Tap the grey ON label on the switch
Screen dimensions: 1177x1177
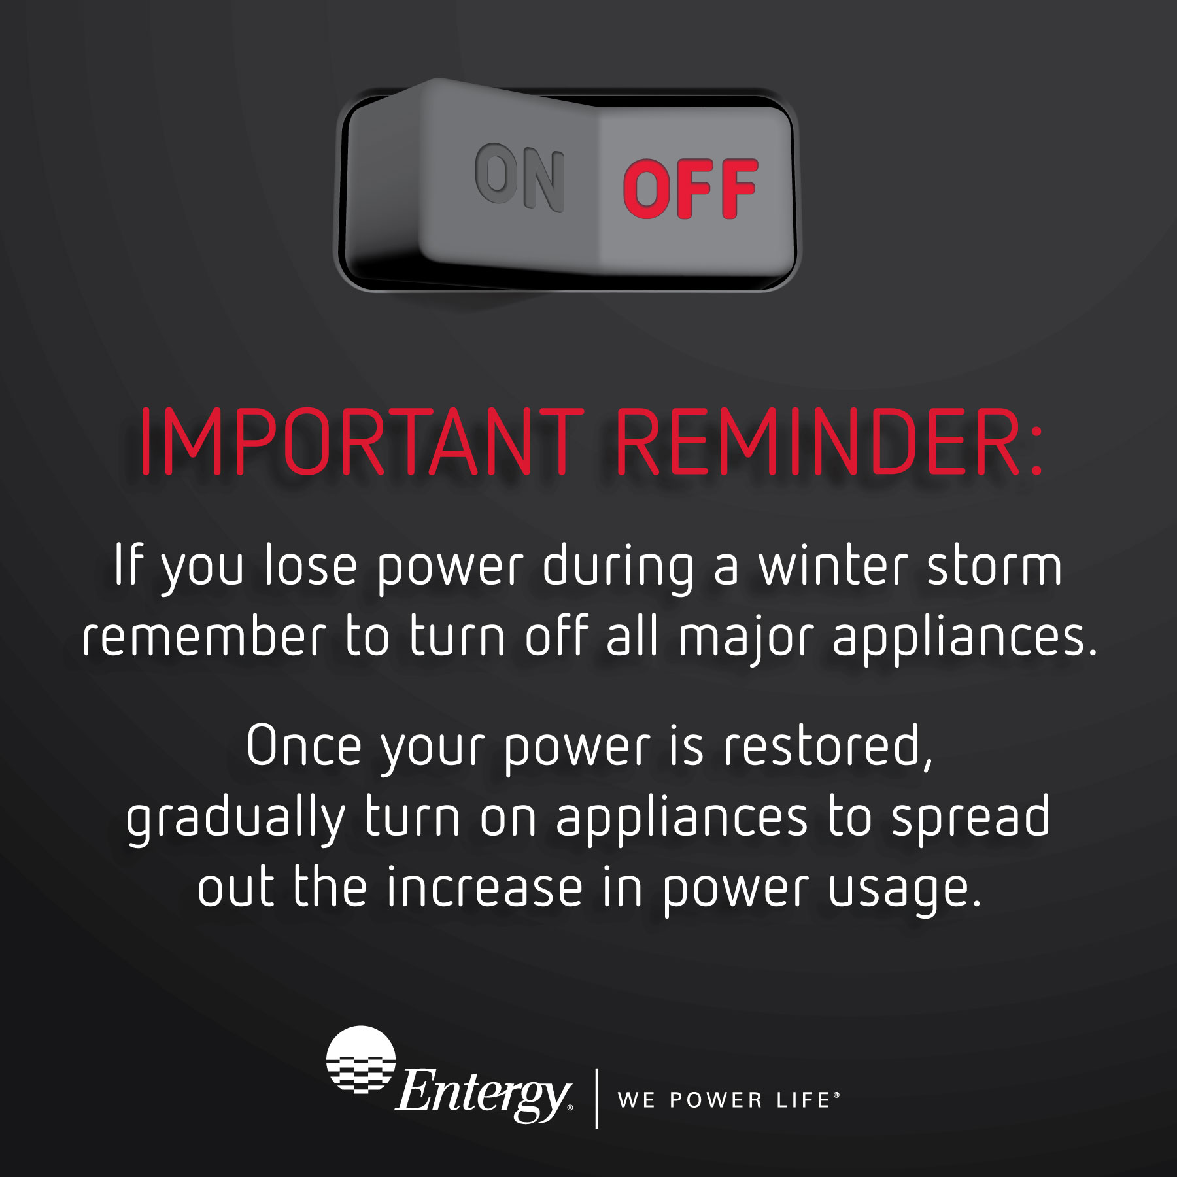pos(520,177)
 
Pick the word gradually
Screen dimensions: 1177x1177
pos(235,819)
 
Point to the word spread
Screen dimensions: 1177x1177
pos(970,819)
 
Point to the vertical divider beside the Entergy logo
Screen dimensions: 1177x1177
pos(596,1099)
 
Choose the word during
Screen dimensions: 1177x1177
pos(618,568)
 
